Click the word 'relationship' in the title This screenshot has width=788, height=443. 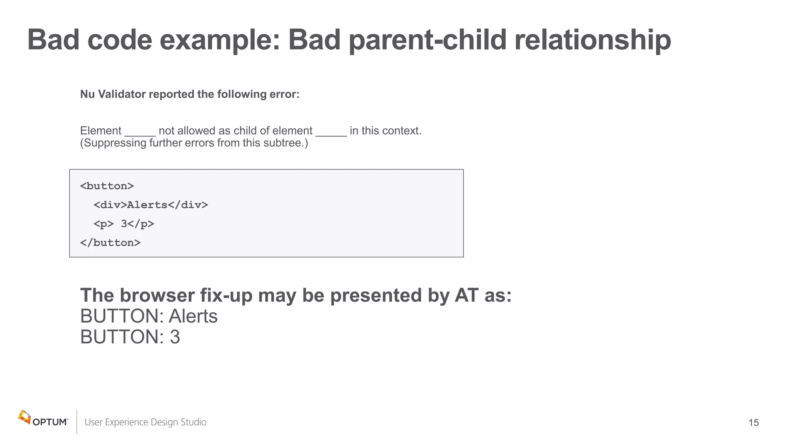[x=593, y=40]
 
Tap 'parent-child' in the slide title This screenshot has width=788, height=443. [x=427, y=40]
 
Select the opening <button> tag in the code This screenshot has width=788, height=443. [x=107, y=186]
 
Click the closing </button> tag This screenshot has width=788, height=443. [x=110, y=243]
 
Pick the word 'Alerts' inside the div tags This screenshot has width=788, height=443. [x=147, y=205]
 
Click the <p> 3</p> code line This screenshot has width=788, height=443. [x=124, y=224]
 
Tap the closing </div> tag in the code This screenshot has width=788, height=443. [x=188, y=205]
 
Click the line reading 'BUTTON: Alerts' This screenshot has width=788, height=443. [x=149, y=316]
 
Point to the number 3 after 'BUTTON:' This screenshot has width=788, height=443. [x=175, y=337]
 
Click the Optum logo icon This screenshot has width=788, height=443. [x=24, y=417]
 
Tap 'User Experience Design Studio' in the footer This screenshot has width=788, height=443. [x=145, y=422]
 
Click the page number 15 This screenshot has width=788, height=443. [x=753, y=423]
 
